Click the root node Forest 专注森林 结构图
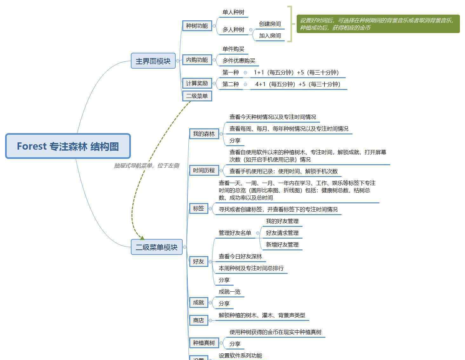(x=68, y=146)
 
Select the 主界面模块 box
(x=153, y=61)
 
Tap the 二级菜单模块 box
(x=156, y=247)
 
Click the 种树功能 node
(x=197, y=26)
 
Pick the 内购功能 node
(x=197, y=60)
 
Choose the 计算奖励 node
(x=197, y=83)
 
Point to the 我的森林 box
(x=204, y=134)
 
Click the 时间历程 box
(x=204, y=170)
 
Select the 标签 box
(x=199, y=208)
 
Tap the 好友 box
(x=199, y=261)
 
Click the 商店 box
(x=199, y=320)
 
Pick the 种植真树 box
(x=204, y=343)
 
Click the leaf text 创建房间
(x=270, y=24)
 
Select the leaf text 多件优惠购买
(x=239, y=61)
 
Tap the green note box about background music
(x=378, y=24)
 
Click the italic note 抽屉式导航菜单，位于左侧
(x=147, y=166)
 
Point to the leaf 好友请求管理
(x=282, y=233)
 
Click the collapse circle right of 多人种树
(x=251, y=30)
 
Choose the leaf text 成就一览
(x=230, y=292)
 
